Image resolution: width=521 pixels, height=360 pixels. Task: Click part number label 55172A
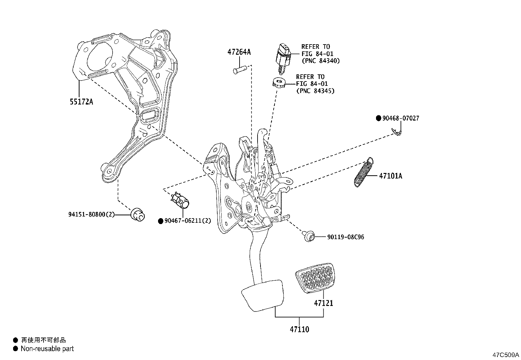coord(81,102)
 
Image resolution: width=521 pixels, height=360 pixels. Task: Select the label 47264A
coord(239,52)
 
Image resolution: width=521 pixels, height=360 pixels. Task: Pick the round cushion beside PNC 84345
coord(279,83)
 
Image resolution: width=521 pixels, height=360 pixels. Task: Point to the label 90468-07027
coord(400,118)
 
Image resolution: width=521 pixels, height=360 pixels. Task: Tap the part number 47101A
coord(390,176)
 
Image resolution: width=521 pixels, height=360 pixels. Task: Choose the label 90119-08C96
coord(345,237)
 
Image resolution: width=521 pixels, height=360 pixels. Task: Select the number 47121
coord(323,303)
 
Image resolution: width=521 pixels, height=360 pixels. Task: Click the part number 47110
coord(299,329)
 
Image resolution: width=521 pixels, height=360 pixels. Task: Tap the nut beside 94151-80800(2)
coord(137,215)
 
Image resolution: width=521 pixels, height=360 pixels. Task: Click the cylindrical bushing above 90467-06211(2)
coord(181,201)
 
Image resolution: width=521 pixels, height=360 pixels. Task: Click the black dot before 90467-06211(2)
coord(160,221)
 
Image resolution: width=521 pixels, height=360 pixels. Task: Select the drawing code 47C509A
coord(506,355)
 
